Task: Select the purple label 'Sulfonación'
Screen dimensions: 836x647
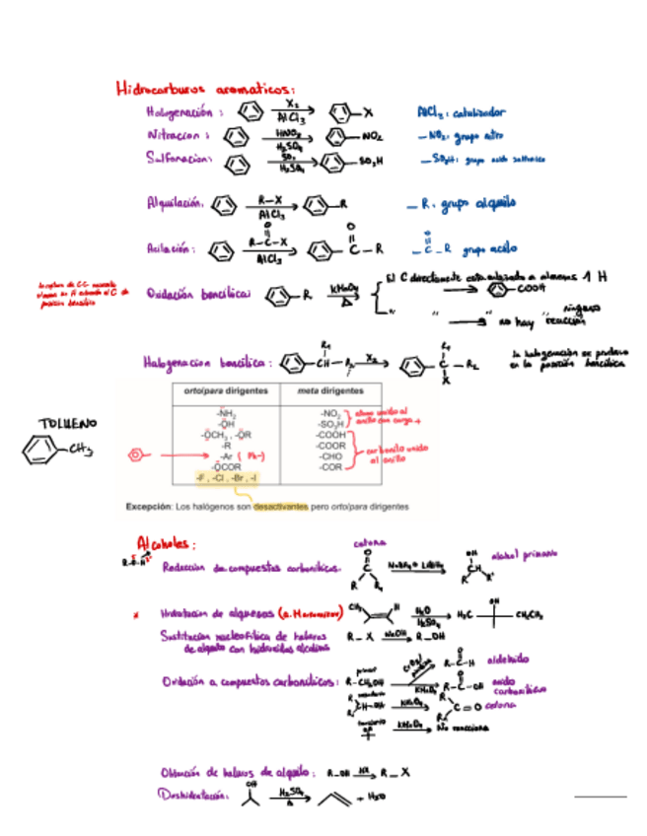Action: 179,158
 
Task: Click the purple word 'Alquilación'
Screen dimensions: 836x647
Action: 175,205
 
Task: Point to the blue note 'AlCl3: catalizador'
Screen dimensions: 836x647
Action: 461,111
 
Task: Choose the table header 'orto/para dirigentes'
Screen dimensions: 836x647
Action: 225,391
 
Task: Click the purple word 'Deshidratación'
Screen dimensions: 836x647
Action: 194,797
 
